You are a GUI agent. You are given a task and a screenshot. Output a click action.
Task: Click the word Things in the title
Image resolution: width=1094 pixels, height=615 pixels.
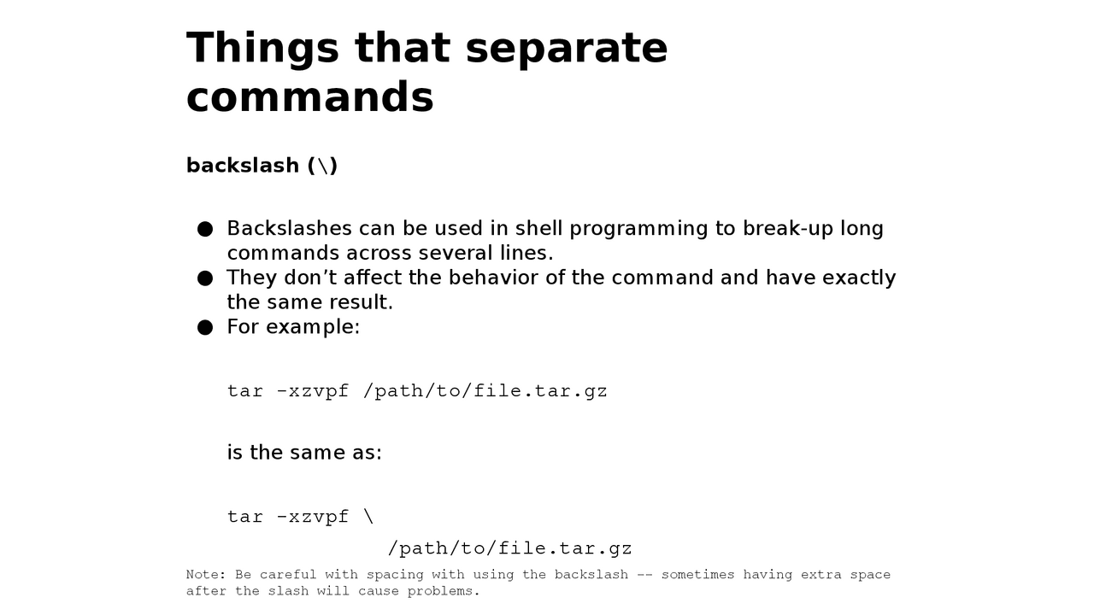262,49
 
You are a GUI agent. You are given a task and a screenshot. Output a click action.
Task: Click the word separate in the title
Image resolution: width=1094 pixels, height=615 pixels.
567,49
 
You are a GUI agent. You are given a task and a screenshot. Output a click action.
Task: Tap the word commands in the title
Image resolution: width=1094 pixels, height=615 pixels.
310,97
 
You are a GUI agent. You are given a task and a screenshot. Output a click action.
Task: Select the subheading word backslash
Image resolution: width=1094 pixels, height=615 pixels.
243,166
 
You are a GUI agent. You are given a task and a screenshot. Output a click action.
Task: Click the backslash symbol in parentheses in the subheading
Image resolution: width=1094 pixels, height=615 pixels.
323,166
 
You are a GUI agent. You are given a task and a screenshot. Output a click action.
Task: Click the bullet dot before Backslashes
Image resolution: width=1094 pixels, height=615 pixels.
205,229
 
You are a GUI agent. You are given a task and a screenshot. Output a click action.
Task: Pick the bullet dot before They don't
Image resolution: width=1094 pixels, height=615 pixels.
205,278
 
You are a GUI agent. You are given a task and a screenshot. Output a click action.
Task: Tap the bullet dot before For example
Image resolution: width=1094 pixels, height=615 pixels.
205,327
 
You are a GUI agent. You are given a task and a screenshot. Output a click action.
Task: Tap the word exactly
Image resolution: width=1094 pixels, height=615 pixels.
859,278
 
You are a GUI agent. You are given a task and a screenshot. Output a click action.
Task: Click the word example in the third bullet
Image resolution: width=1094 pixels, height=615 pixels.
313,327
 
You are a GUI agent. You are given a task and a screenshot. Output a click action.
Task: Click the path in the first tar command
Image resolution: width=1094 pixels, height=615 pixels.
485,391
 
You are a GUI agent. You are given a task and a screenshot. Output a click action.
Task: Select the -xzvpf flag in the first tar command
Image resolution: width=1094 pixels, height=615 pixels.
313,391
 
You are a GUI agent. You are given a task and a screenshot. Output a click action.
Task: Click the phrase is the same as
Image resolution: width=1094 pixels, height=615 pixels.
304,453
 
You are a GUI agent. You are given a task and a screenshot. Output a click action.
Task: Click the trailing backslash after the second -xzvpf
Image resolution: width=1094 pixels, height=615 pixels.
368,517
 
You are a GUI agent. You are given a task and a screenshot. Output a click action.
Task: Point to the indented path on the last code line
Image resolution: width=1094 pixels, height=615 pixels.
510,548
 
